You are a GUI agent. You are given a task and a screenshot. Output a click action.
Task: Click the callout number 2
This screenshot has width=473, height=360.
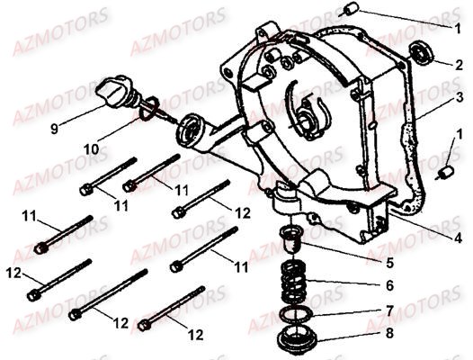click(x=459, y=65)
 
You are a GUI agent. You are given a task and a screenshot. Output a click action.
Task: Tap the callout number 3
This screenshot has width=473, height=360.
click(x=460, y=97)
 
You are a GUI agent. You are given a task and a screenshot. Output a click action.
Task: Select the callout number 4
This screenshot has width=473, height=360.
click(x=459, y=238)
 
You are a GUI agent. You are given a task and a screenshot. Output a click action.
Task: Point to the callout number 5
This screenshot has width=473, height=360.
click(x=389, y=263)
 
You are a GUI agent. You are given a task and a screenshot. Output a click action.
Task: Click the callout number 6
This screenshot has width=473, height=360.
click(x=389, y=285)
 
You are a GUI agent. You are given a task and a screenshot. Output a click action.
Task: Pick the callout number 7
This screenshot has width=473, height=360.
click(x=389, y=310)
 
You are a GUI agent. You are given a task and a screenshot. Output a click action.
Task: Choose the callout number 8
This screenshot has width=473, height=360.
click(x=389, y=333)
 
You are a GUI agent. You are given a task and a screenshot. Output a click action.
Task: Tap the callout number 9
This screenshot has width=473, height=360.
click(x=54, y=129)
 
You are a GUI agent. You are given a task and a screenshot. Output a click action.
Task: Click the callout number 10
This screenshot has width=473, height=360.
click(x=92, y=149)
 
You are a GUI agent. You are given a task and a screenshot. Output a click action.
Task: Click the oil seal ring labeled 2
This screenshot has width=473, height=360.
click(x=422, y=52)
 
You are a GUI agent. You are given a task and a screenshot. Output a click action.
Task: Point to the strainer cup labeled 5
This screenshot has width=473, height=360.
click(x=290, y=238)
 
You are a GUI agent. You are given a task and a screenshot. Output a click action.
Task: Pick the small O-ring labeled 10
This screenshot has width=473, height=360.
click(x=148, y=108)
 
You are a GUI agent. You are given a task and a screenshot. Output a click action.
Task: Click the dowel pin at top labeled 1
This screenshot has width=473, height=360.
click(x=350, y=8)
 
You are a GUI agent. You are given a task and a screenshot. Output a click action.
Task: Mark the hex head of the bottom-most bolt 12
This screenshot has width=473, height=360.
click(x=145, y=326)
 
